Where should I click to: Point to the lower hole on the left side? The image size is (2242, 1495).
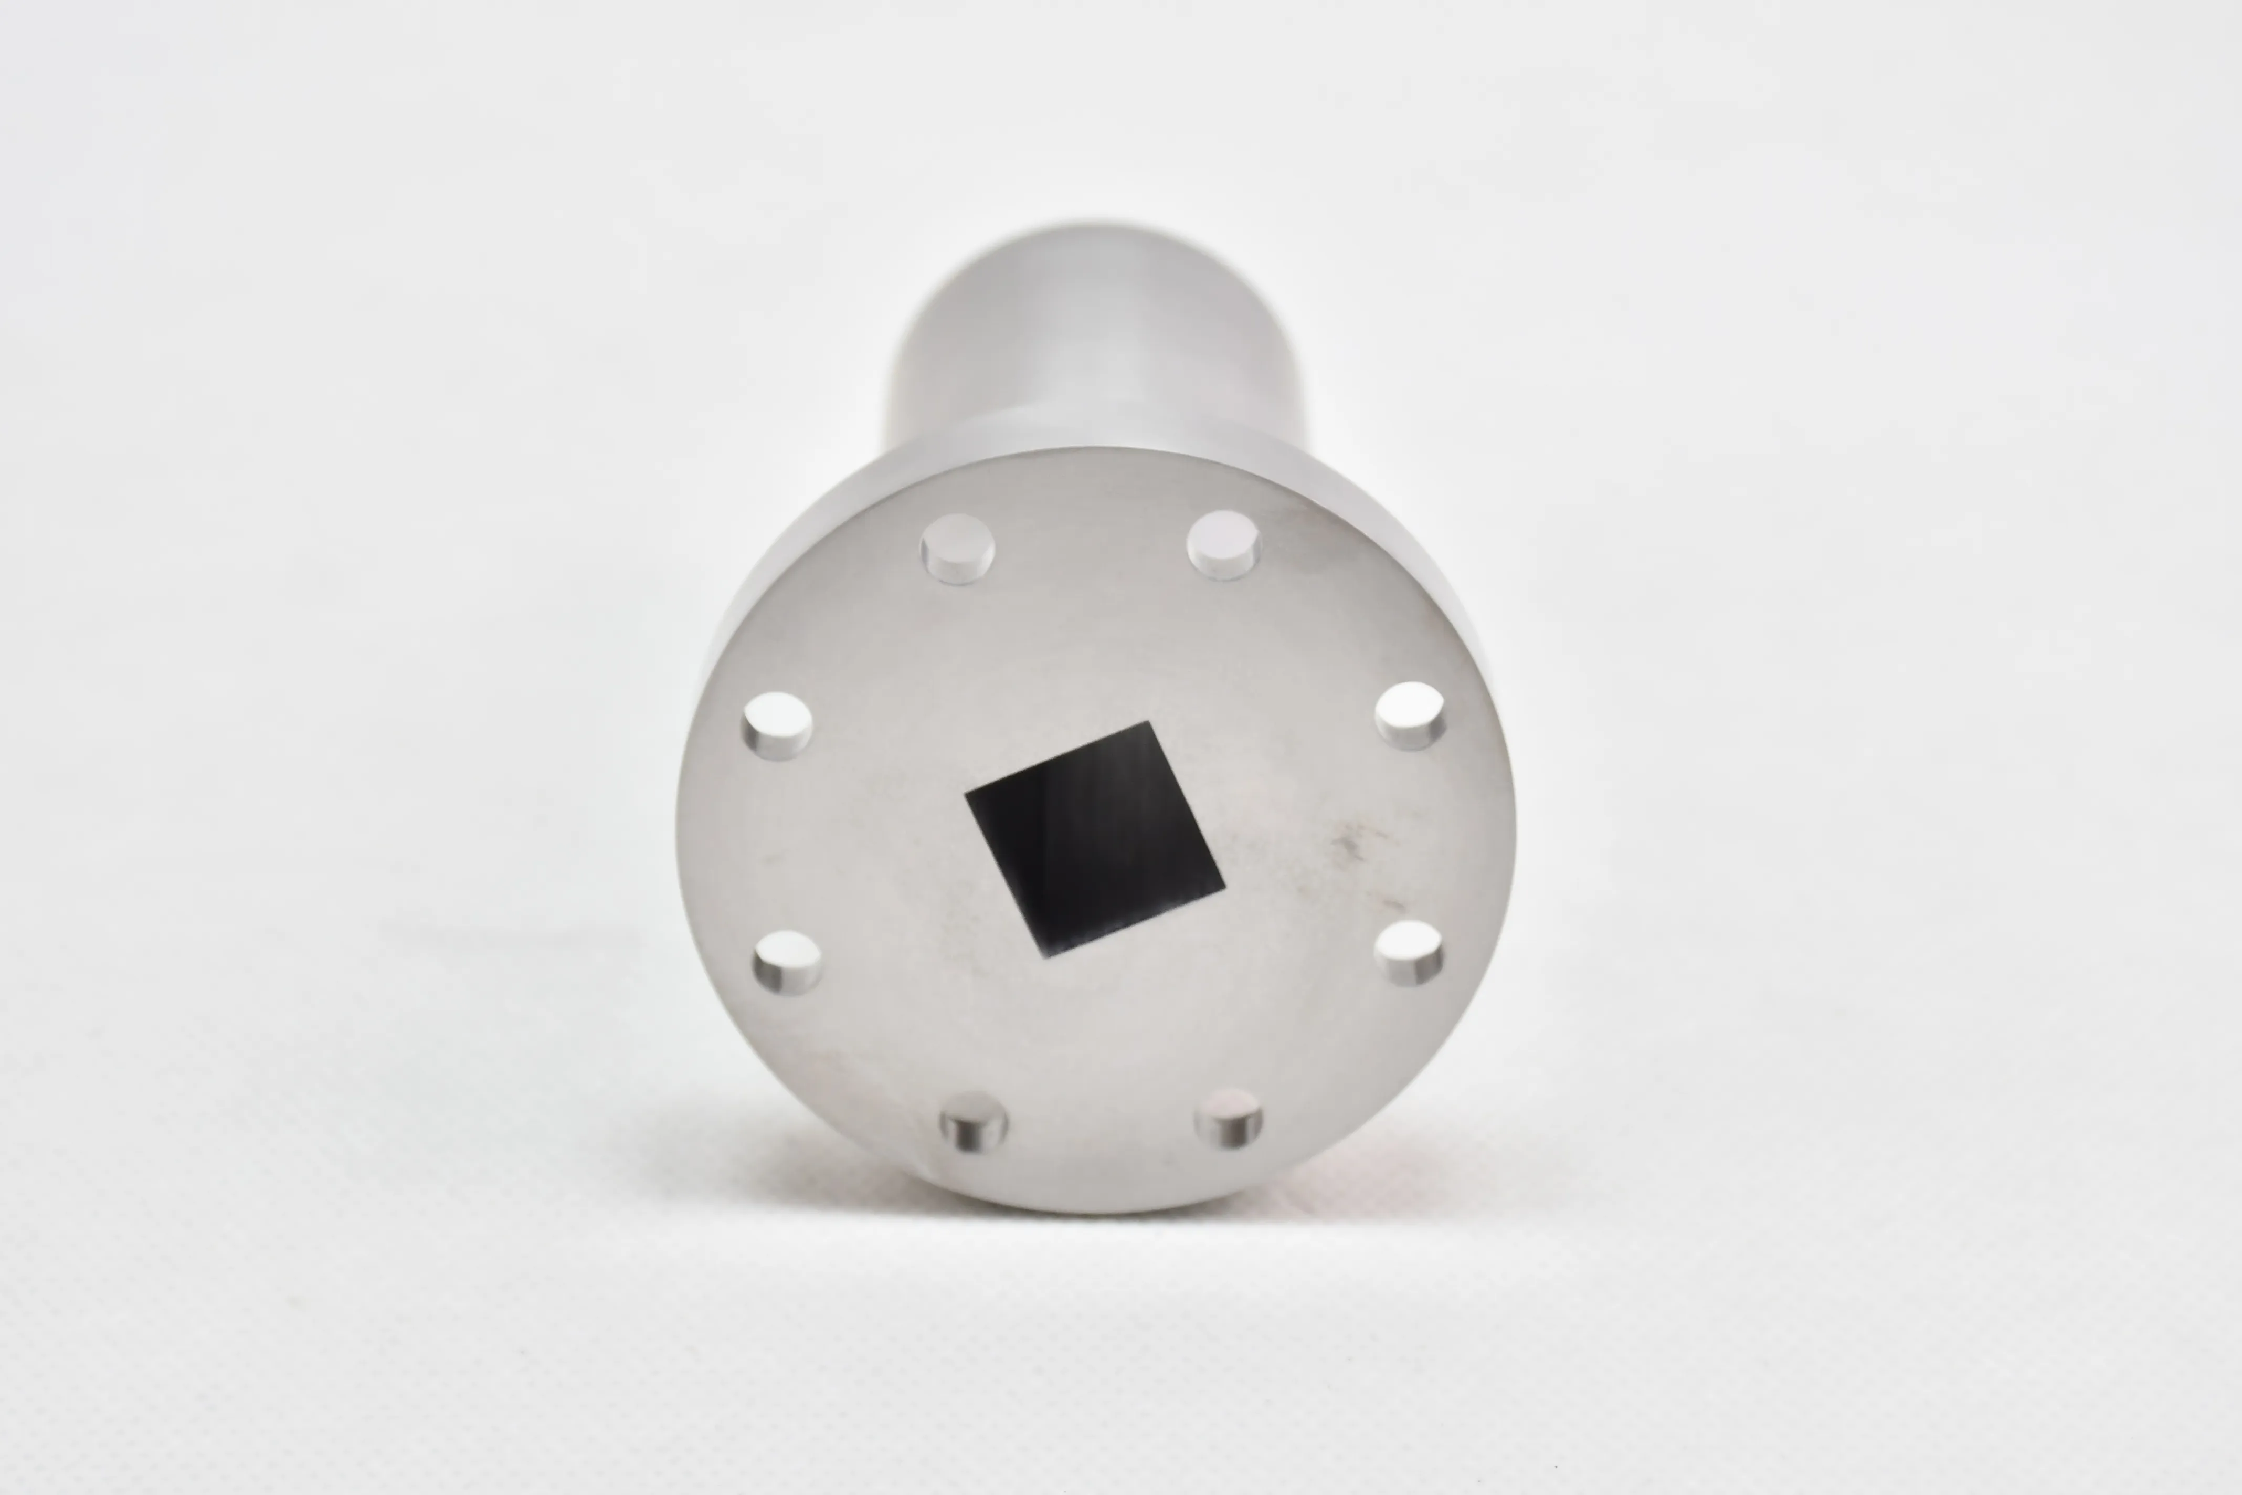coord(787,963)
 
